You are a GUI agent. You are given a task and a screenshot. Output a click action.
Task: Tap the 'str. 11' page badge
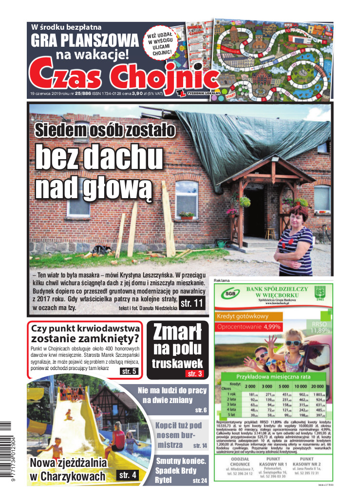tap(191, 304)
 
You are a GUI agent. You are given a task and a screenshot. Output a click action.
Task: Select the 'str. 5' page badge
tap(129, 371)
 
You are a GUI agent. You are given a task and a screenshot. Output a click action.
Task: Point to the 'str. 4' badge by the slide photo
tap(127, 475)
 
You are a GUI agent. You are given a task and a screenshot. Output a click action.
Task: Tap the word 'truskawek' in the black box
tap(177, 363)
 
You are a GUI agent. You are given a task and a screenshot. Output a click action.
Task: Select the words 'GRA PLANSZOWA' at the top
tap(85, 39)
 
